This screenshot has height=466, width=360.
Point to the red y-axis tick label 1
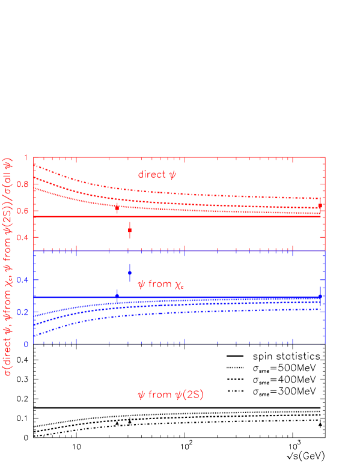click(26, 158)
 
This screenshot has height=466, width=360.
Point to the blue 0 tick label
click(26, 344)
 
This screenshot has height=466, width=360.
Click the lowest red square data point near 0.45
click(130, 230)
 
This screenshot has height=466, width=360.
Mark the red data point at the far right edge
click(320, 206)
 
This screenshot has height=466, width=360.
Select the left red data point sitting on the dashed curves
click(117, 207)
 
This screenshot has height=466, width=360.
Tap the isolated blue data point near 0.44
click(130, 273)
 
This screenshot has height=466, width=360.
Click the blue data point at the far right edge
click(320, 296)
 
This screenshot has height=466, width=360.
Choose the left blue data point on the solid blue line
click(117, 296)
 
